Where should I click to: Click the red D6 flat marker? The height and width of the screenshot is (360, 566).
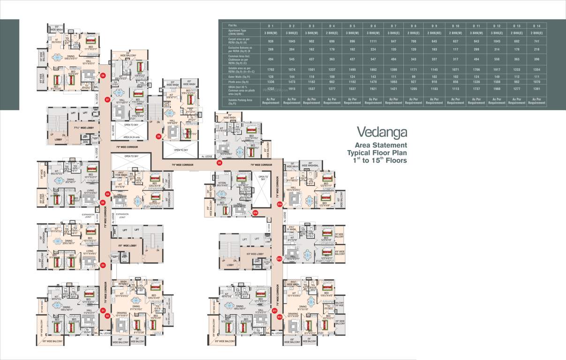pos(103,75)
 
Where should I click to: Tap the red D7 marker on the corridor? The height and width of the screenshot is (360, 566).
pos(107,100)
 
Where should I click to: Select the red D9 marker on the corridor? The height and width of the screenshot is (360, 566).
pos(159,136)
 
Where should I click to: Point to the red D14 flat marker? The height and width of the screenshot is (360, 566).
pos(279,204)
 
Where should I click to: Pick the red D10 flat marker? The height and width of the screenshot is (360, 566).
pos(255,213)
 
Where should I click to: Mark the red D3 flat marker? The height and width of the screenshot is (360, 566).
pos(103,265)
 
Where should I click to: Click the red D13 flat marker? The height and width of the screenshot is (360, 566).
pos(279,258)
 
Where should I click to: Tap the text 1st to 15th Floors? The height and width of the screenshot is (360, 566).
pos(380,160)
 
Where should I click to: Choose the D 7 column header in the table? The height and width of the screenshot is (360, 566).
pos(393,25)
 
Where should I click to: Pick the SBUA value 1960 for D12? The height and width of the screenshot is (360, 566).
pos(497,89)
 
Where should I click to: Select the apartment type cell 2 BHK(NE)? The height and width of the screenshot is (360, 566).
pos(435,33)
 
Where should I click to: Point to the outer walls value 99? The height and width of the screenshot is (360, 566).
pos(414,76)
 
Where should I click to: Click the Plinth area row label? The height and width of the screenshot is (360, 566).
pos(236,82)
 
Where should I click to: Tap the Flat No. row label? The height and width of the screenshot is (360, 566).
pos(233,25)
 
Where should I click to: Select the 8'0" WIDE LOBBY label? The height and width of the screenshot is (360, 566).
pos(127,245)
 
